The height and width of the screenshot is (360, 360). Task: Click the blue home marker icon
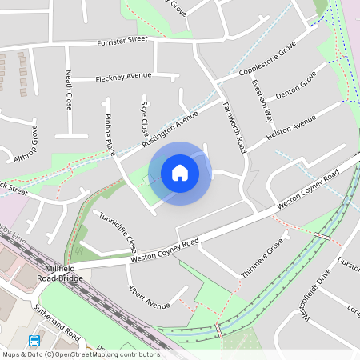(x=180, y=172)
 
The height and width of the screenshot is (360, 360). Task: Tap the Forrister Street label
(x=122, y=40)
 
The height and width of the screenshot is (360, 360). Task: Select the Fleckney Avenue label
(x=123, y=76)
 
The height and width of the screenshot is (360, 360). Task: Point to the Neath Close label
(x=70, y=90)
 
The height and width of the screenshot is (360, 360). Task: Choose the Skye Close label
(x=145, y=118)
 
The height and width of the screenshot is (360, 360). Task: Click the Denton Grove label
(x=296, y=85)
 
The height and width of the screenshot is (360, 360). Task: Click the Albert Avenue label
(x=150, y=297)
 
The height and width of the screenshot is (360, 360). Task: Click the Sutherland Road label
(x=57, y=321)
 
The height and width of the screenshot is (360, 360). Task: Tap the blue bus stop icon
(x=34, y=340)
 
